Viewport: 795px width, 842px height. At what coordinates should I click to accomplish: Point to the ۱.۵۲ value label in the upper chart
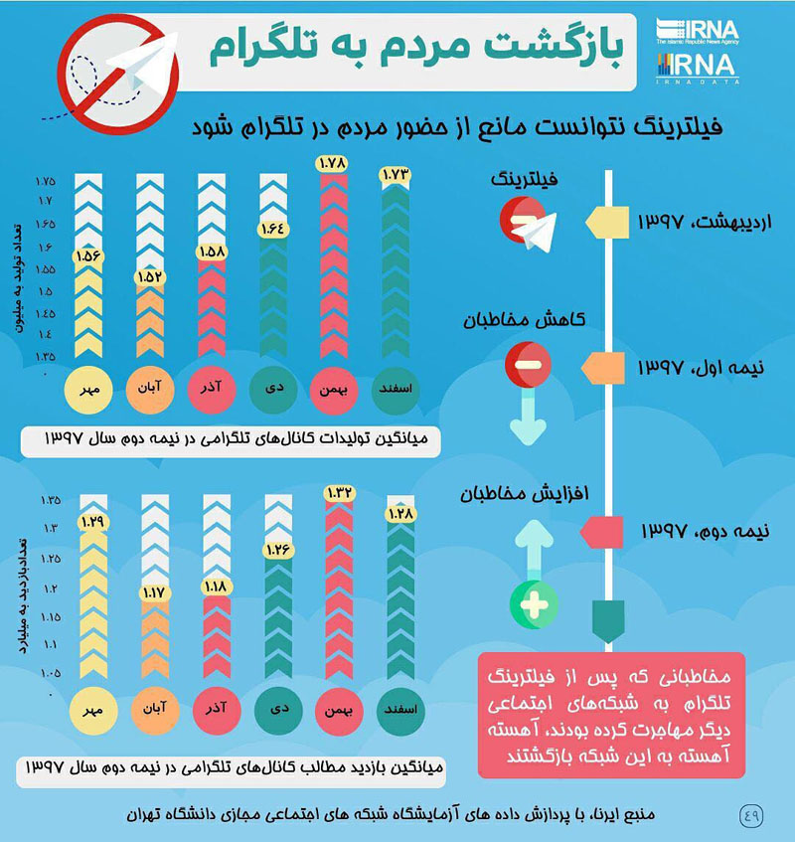(150, 275)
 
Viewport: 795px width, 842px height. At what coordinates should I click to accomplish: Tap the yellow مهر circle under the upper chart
(88, 389)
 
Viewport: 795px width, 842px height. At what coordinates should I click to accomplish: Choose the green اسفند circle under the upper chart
(396, 389)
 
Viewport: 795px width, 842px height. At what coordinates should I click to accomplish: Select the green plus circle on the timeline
(533, 603)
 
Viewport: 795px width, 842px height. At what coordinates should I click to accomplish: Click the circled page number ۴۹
(750, 813)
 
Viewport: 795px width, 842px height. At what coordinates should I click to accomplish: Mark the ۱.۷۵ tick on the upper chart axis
(46, 182)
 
